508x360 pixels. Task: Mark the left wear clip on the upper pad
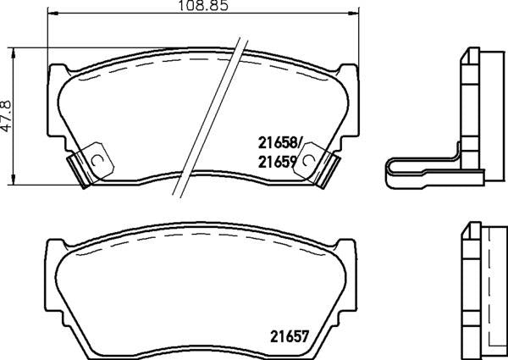pyautogui.click(x=85, y=167)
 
